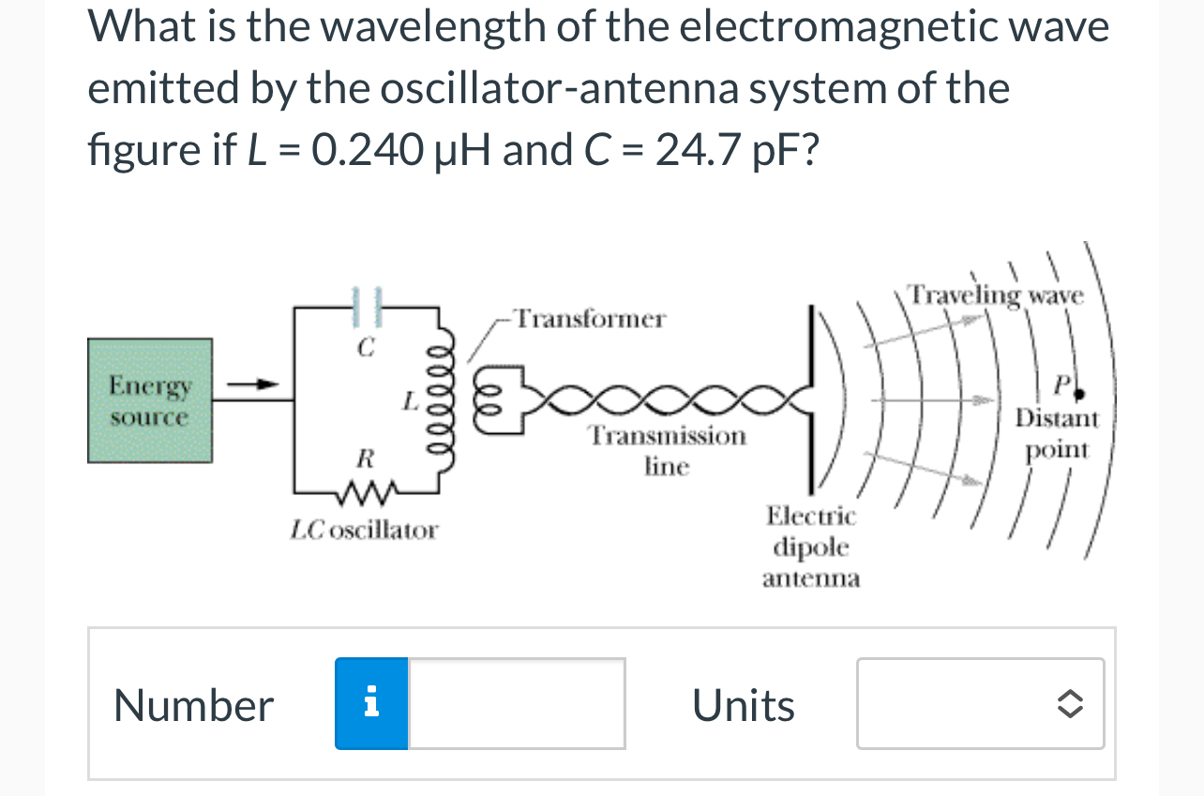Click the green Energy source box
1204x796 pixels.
click(150, 400)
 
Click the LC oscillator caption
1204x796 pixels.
click(364, 531)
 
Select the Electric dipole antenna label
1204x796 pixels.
click(811, 547)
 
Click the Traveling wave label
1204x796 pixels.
click(997, 295)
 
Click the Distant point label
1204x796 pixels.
click(1057, 432)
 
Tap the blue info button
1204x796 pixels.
click(371, 703)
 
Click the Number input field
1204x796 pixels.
click(517, 703)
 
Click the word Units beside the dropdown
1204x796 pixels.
click(744, 705)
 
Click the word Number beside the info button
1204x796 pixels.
click(193, 705)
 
